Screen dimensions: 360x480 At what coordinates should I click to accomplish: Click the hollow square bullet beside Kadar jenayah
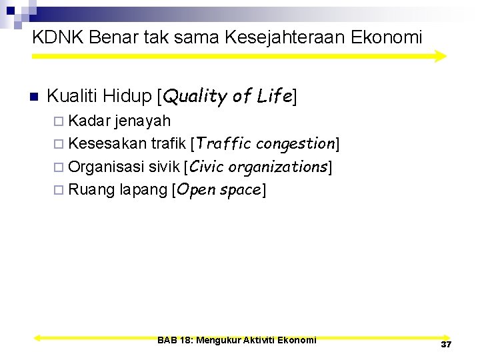(x=59, y=121)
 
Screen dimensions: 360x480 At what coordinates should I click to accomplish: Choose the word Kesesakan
(x=107, y=143)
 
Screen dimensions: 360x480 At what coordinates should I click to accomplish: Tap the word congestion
(x=295, y=143)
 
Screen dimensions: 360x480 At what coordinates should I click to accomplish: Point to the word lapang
(x=143, y=190)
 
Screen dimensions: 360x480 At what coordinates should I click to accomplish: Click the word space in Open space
(x=239, y=190)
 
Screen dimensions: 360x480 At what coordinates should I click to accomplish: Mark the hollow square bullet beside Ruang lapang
(x=59, y=191)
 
